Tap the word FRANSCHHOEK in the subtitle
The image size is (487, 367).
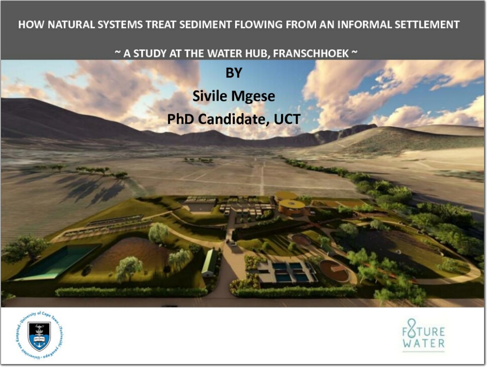pos(311,53)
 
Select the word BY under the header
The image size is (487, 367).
pos(234,73)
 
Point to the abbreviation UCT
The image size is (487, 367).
pos(286,119)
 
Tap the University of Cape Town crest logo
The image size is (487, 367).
pos(40,336)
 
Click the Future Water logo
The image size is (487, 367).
pos(424,335)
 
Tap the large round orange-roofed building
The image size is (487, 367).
pos(292,207)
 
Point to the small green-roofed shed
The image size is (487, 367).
pos(210,262)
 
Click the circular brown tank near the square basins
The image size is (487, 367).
pos(334,270)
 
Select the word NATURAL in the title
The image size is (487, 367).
pos(71,25)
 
